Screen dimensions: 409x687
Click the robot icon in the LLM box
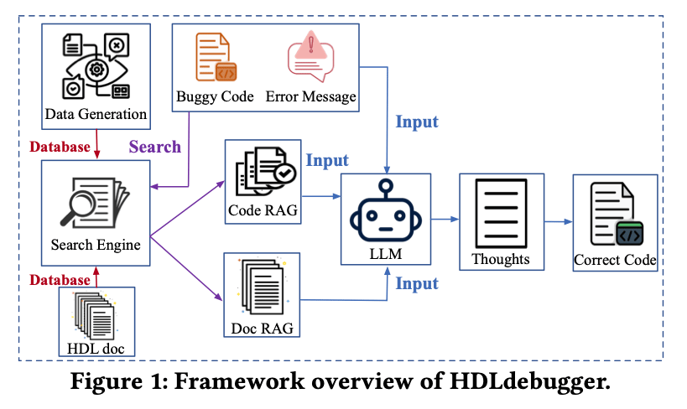[x=385, y=211]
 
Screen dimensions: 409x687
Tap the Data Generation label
[x=96, y=114]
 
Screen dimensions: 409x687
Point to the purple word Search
[x=154, y=147]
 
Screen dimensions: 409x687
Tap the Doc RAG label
[x=263, y=328]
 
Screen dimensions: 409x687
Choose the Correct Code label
[x=615, y=260]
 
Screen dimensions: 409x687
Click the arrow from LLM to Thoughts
[x=445, y=220]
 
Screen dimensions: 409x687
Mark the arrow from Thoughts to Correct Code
[x=558, y=221]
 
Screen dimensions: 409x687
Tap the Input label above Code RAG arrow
[x=327, y=160]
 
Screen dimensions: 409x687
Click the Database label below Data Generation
[x=60, y=147]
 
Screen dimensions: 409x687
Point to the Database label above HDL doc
[x=60, y=279]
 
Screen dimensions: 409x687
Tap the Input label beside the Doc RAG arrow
[x=417, y=283]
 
